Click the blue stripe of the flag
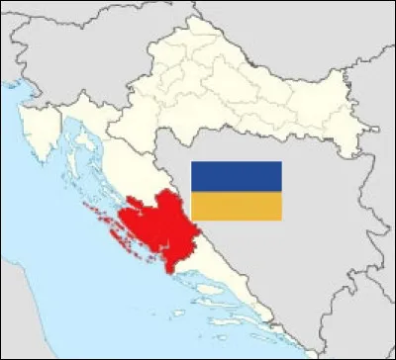click(x=236, y=176)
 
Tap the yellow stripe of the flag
click(x=236, y=206)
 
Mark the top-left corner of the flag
click(x=191, y=162)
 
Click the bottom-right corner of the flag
click(x=281, y=220)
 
